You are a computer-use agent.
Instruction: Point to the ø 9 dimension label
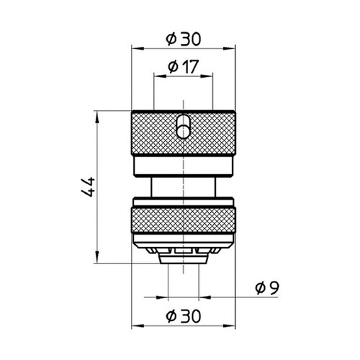coord(267,287)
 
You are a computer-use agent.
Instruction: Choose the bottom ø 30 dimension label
coord(184,315)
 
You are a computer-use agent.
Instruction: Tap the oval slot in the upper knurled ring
coord(184,126)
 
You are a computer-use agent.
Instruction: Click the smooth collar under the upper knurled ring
coord(184,168)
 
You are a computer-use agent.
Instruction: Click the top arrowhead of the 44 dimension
coord(97,114)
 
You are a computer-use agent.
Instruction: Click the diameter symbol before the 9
coord(259,287)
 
